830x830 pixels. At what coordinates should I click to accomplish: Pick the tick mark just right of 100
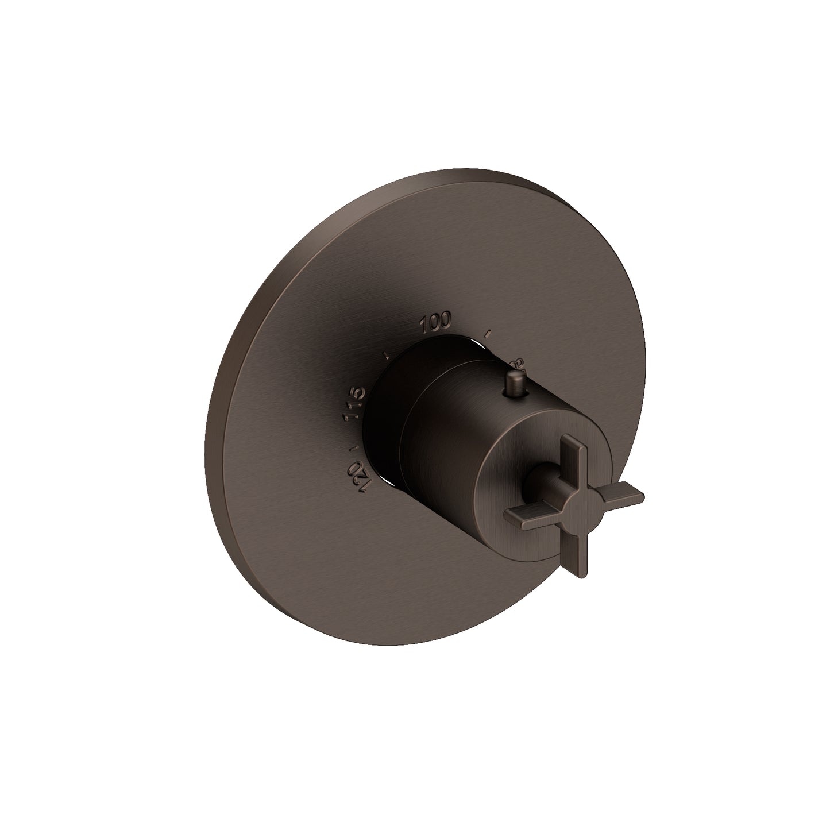coord(489,333)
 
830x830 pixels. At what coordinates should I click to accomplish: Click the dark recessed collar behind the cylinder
coord(385,425)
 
